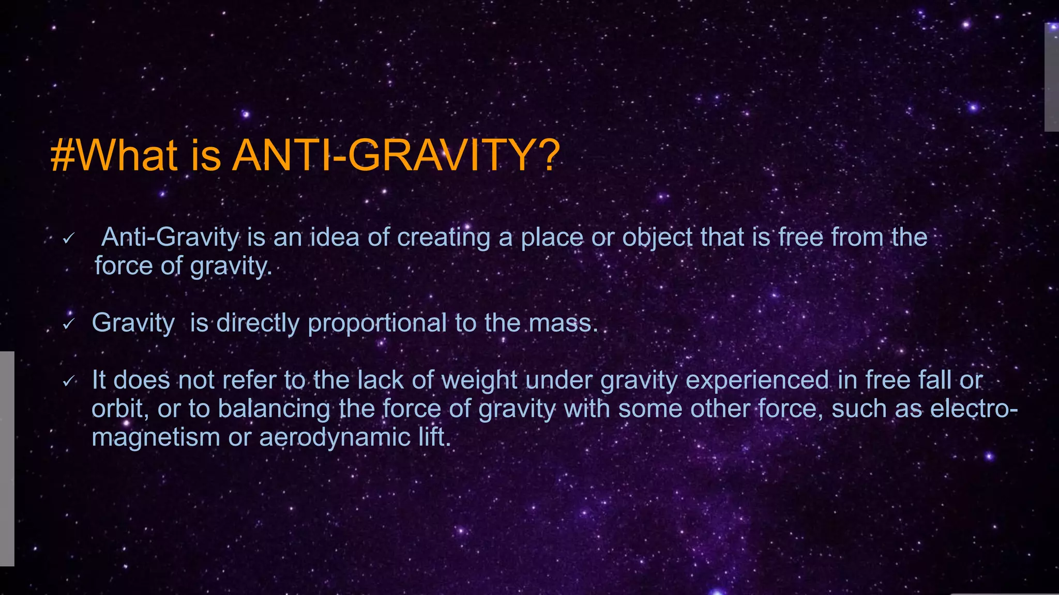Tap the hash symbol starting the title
63,156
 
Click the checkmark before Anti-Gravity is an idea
69,238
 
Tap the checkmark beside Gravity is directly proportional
69,324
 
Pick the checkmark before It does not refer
69,382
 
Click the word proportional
377,323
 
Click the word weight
479,381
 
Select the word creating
443,238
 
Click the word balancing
274,409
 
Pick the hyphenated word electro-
974,409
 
